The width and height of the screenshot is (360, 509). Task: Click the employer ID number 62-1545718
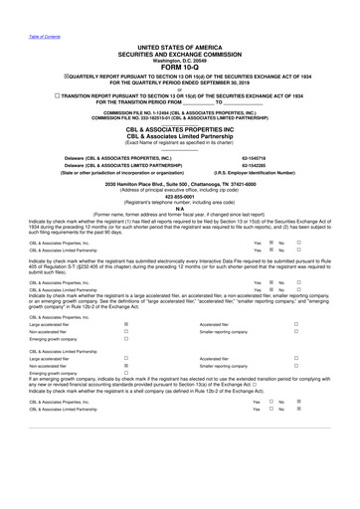pos(257,158)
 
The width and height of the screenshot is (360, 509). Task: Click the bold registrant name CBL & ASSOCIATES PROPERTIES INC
pos(180,129)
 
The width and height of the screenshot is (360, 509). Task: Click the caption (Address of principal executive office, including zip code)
pos(180,190)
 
